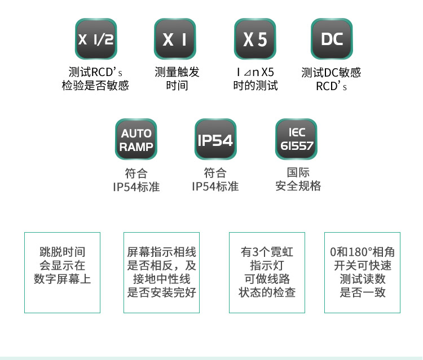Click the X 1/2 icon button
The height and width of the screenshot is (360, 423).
[95, 39]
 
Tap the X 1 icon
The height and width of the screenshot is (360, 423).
[175, 39]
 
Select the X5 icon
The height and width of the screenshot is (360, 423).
[255, 39]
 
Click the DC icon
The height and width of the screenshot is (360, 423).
[332, 39]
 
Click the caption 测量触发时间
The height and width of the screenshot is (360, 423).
[177, 79]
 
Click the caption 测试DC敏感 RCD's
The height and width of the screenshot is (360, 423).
[331, 79]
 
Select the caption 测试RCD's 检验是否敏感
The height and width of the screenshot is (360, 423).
[95, 79]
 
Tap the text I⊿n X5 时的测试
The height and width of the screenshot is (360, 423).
[255, 79]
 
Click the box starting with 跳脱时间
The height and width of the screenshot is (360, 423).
[62, 272]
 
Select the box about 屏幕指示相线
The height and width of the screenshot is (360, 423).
[162, 272]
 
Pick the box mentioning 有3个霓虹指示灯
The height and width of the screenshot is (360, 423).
[267, 272]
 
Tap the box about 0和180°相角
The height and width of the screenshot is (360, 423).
[362, 272]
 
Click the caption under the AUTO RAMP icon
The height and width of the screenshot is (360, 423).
[136, 179]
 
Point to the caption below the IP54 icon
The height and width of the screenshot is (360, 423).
[215, 179]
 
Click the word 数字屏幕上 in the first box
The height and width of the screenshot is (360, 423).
[62, 279]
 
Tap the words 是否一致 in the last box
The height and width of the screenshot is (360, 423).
[362, 292]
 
